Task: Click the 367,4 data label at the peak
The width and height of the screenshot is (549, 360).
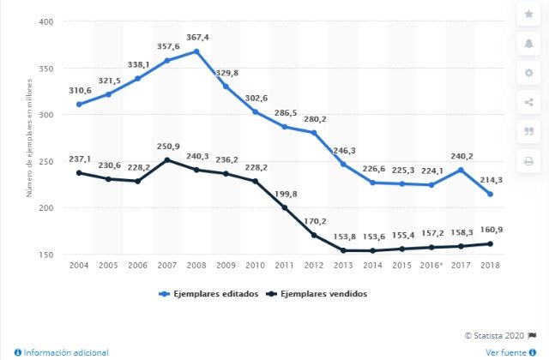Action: pyautogui.click(x=197, y=39)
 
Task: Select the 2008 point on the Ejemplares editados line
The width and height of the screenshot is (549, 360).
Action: pyautogui.click(x=197, y=51)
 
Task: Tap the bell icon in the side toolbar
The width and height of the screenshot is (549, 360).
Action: pyautogui.click(x=528, y=44)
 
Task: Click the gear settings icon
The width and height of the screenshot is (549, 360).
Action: pyautogui.click(x=528, y=74)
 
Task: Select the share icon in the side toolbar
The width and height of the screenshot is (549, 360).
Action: pyautogui.click(x=528, y=103)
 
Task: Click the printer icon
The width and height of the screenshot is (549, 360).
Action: pyautogui.click(x=528, y=161)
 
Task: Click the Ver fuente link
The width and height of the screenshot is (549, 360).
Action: pyautogui.click(x=509, y=352)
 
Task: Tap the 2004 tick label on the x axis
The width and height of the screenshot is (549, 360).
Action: pyautogui.click(x=80, y=267)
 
